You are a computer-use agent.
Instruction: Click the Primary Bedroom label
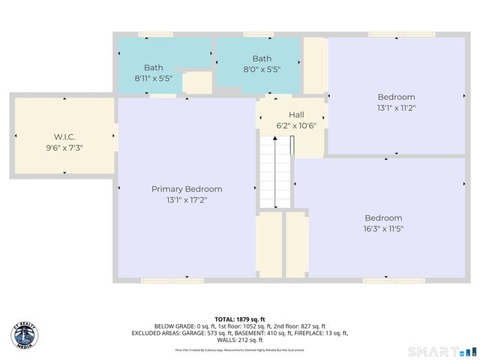coord(187,189)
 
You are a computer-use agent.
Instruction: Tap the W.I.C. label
coord(64,136)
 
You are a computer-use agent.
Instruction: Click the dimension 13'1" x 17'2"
coord(187,200)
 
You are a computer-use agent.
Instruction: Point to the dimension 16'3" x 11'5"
coord(383,229)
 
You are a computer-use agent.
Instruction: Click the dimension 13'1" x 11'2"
coord(395,108)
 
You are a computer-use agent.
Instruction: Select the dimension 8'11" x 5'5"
coord(153,78)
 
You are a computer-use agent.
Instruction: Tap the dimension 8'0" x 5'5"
coord(262,70)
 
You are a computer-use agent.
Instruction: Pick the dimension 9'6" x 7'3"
coord(64,148)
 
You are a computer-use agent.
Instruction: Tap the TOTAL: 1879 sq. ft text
coord(239,318)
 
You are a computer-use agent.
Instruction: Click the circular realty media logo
coord(25,335)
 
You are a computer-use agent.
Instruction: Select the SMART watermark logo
coord(441,351)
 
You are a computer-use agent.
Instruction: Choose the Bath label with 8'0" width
coord(262,58)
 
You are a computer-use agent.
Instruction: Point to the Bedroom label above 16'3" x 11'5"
coord(383,217)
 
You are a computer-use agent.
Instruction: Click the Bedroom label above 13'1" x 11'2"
coord(395,97)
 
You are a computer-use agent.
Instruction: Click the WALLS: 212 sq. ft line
coord(239,340)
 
